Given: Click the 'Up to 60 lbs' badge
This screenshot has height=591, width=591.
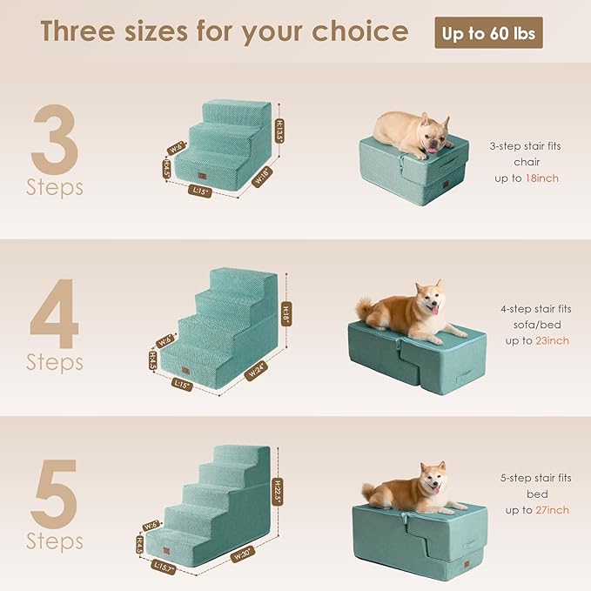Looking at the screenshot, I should [x=489, y=33].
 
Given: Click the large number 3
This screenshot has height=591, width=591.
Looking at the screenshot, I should [x=55, y=139].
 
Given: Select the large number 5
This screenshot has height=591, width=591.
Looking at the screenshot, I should [x=55, y=493].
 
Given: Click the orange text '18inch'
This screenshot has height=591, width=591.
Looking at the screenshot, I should [x=541, y=178].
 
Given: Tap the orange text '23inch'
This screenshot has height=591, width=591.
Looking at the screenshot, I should [x=553, y=340].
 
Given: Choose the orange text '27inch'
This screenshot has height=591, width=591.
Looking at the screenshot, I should [x=553, y=509].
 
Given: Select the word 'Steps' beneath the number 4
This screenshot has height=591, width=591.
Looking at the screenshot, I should [x=54, y=361].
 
